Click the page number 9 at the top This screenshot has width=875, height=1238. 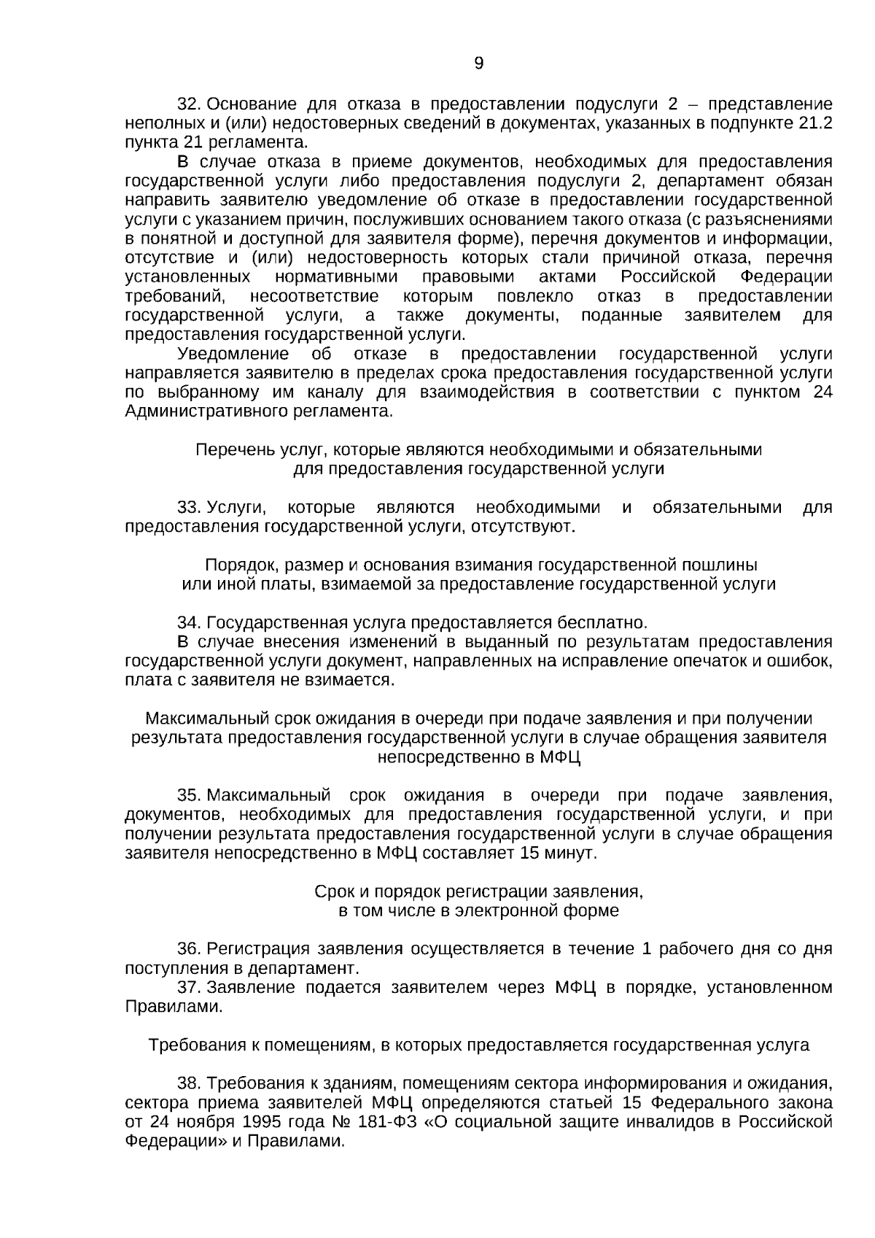pyautogui.click(x=478, y=64)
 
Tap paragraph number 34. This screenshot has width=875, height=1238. pyautogui.click(x=190, y=623)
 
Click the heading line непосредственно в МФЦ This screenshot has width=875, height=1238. pyautogui.click(x=478, y=757)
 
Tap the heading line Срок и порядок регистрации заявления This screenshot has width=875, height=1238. pyautogui.click(x=478, y=891)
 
